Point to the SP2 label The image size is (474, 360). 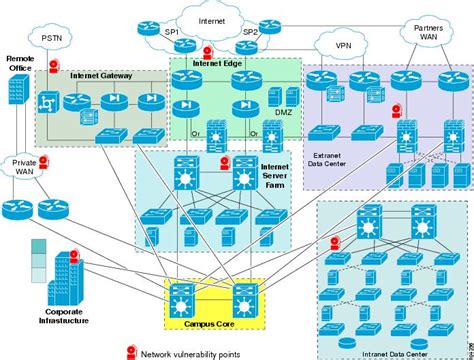(x=250, y=33)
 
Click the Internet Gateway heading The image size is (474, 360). (x=103, y=76)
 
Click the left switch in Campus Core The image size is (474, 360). (x=183, y=299)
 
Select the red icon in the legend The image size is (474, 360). (x=131, y=351)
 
